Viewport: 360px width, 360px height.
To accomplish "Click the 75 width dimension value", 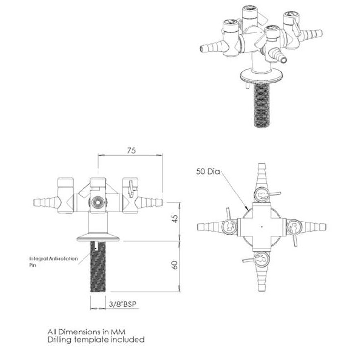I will [131, 151].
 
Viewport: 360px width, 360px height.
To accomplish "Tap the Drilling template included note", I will [96, 339].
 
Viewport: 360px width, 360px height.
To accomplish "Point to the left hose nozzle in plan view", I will [210, 227].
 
